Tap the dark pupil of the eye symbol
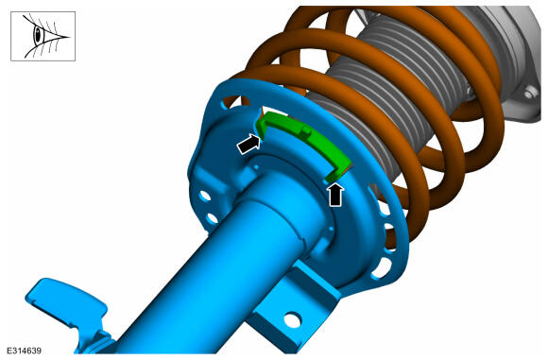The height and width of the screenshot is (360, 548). [x=38, y=34]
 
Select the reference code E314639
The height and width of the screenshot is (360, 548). [x=25, y=351]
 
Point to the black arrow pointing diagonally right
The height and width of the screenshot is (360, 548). [x=248, y=144]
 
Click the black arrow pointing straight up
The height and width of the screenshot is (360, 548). [x=335, y=195]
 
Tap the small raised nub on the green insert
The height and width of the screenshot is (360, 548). [x=305, y=131]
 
